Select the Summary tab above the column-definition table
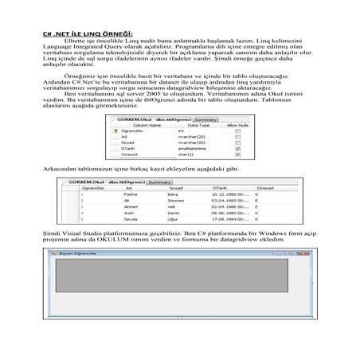(x=205, y=119)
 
